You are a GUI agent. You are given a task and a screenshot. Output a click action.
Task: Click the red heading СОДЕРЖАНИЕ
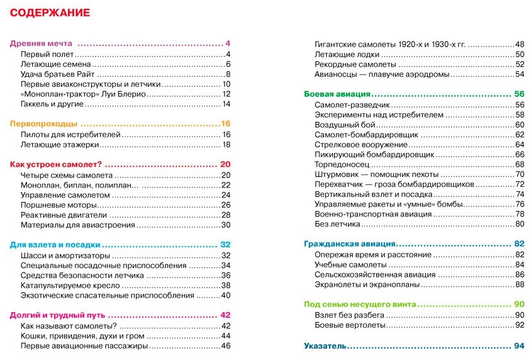point(50,13)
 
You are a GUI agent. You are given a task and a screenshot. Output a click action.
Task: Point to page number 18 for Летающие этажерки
point(226,145)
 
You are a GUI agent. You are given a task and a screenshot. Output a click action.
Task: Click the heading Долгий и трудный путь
point(57,315)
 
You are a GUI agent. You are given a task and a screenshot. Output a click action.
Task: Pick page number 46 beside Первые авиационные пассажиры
point(226,346)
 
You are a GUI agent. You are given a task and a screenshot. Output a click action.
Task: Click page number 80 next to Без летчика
point(520,224)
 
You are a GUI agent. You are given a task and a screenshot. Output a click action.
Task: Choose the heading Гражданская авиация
point(349,244)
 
